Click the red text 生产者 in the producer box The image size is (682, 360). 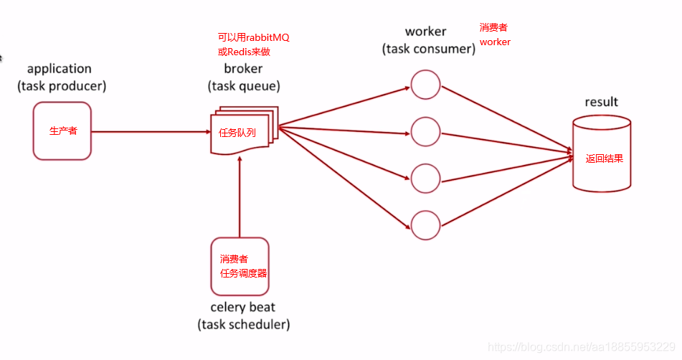coord(62,131)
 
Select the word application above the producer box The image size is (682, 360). coord(60,69)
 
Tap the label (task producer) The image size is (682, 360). coord(62,86)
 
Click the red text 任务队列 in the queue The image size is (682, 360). coord(237,133)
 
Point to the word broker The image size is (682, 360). coord(243,69)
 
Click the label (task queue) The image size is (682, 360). coord(244,86)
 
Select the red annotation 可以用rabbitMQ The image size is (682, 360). coord(253,37)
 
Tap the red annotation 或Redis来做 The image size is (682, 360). coord(244,52)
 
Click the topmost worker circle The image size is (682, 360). coord(425,84)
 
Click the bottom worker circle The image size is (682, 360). coord(425,224)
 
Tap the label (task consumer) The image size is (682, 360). coord(429,49)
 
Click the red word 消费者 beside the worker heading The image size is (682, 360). coord(493,28)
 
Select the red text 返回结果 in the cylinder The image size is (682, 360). coord(604,158)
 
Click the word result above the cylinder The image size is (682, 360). coord(601,102)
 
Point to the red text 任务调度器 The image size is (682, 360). coord(244,273)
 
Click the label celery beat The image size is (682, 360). coord(243,308)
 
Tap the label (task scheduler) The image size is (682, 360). coord(243,325)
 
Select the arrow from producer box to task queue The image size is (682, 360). coord(151,131)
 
